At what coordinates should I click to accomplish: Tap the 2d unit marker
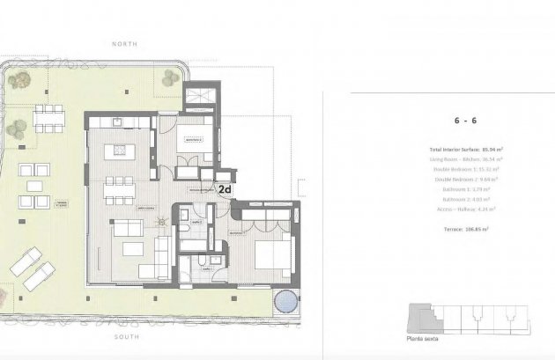tap(226, 187)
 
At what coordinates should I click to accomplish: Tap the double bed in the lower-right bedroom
tap(268, 254)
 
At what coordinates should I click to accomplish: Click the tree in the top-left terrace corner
tap(17, 81)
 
